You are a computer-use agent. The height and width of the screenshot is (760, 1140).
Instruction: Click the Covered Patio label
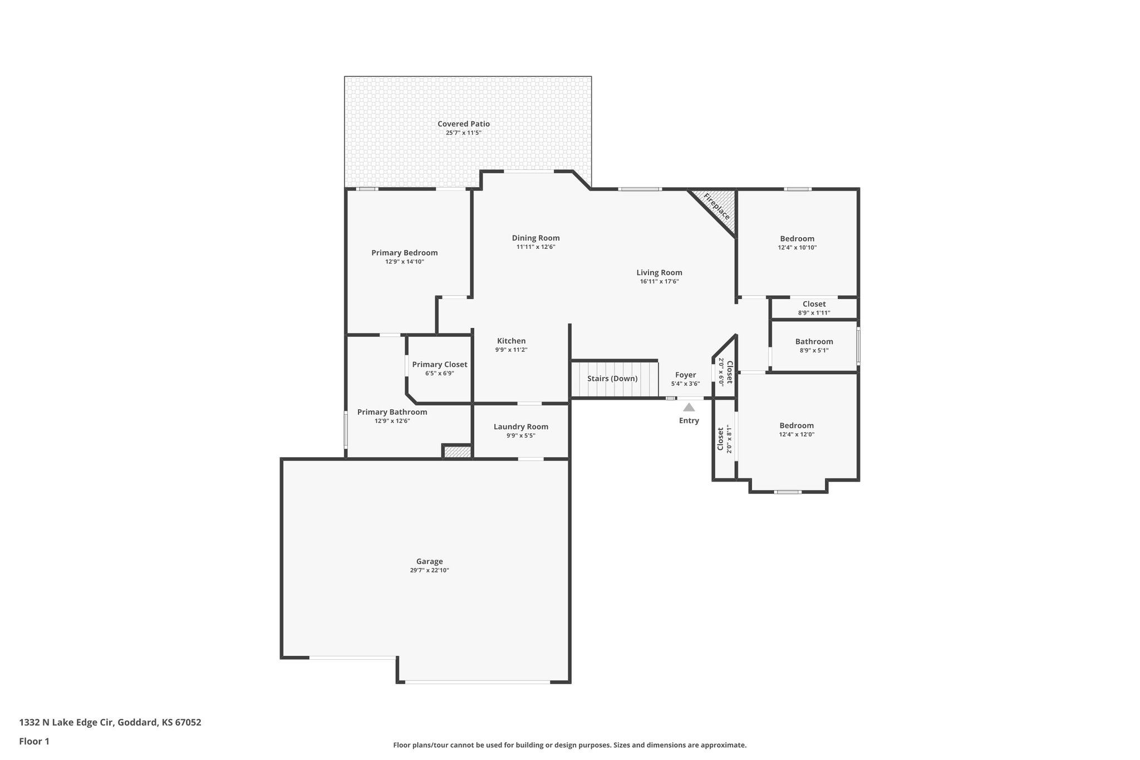point(463,124)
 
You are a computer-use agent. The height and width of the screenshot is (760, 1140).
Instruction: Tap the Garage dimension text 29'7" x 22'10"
point(429,570)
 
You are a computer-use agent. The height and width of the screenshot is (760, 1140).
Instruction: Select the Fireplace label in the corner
point(716,207)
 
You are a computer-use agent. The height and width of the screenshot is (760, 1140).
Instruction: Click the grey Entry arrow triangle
point(689,407)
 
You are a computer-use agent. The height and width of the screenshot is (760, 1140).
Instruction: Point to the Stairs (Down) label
point(612,379)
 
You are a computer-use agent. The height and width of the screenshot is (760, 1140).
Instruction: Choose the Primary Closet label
point(439,364)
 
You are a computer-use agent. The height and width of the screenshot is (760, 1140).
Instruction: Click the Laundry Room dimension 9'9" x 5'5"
point(520,435)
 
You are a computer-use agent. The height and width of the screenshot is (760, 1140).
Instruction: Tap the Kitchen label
point(511,341)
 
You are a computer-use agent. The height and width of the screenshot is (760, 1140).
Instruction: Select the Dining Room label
point(535,238)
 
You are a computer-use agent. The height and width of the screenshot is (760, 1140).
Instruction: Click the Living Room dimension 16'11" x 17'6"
point(659,281)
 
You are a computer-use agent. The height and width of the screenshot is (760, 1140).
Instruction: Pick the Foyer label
point(685,375)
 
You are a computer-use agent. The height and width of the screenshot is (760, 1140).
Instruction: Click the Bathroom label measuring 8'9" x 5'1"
point(814,341)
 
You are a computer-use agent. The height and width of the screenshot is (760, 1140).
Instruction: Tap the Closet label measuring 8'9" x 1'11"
point(814,303)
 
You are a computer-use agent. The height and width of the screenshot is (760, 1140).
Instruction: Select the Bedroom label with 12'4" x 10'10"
point(797,238)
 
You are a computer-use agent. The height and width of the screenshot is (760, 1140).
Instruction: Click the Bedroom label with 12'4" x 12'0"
point(797,425)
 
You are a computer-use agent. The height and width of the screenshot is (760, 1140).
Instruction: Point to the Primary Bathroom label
point(392,412)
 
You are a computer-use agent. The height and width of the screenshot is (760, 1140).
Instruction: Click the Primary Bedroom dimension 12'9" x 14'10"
point(404,261)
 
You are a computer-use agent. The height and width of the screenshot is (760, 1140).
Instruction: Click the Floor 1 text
point(34,741)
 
